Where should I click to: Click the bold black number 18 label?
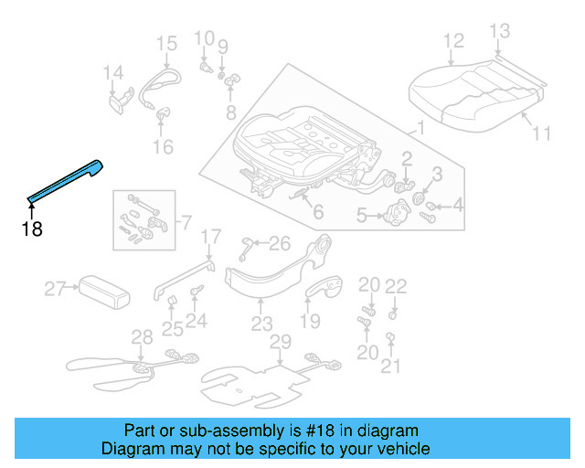pos(32,229)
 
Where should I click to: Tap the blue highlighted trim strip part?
pos(66,181)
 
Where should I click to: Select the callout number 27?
pos(56,290)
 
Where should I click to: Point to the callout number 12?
pos(453,40)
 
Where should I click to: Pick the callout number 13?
pos(499,32)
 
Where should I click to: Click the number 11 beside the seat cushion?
pos(542,133)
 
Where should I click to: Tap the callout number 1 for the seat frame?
pos(420,128)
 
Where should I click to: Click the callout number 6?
pos(317,213)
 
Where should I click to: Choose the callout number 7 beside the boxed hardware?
pos(186,222)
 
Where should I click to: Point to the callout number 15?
pos(165,43)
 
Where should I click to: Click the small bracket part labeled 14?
pos(116,98)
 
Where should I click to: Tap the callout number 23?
pos(262,324)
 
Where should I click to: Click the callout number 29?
pos(280,342)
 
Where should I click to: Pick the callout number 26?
pos(279,243)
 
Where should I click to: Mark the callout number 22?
pos(395,286)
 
